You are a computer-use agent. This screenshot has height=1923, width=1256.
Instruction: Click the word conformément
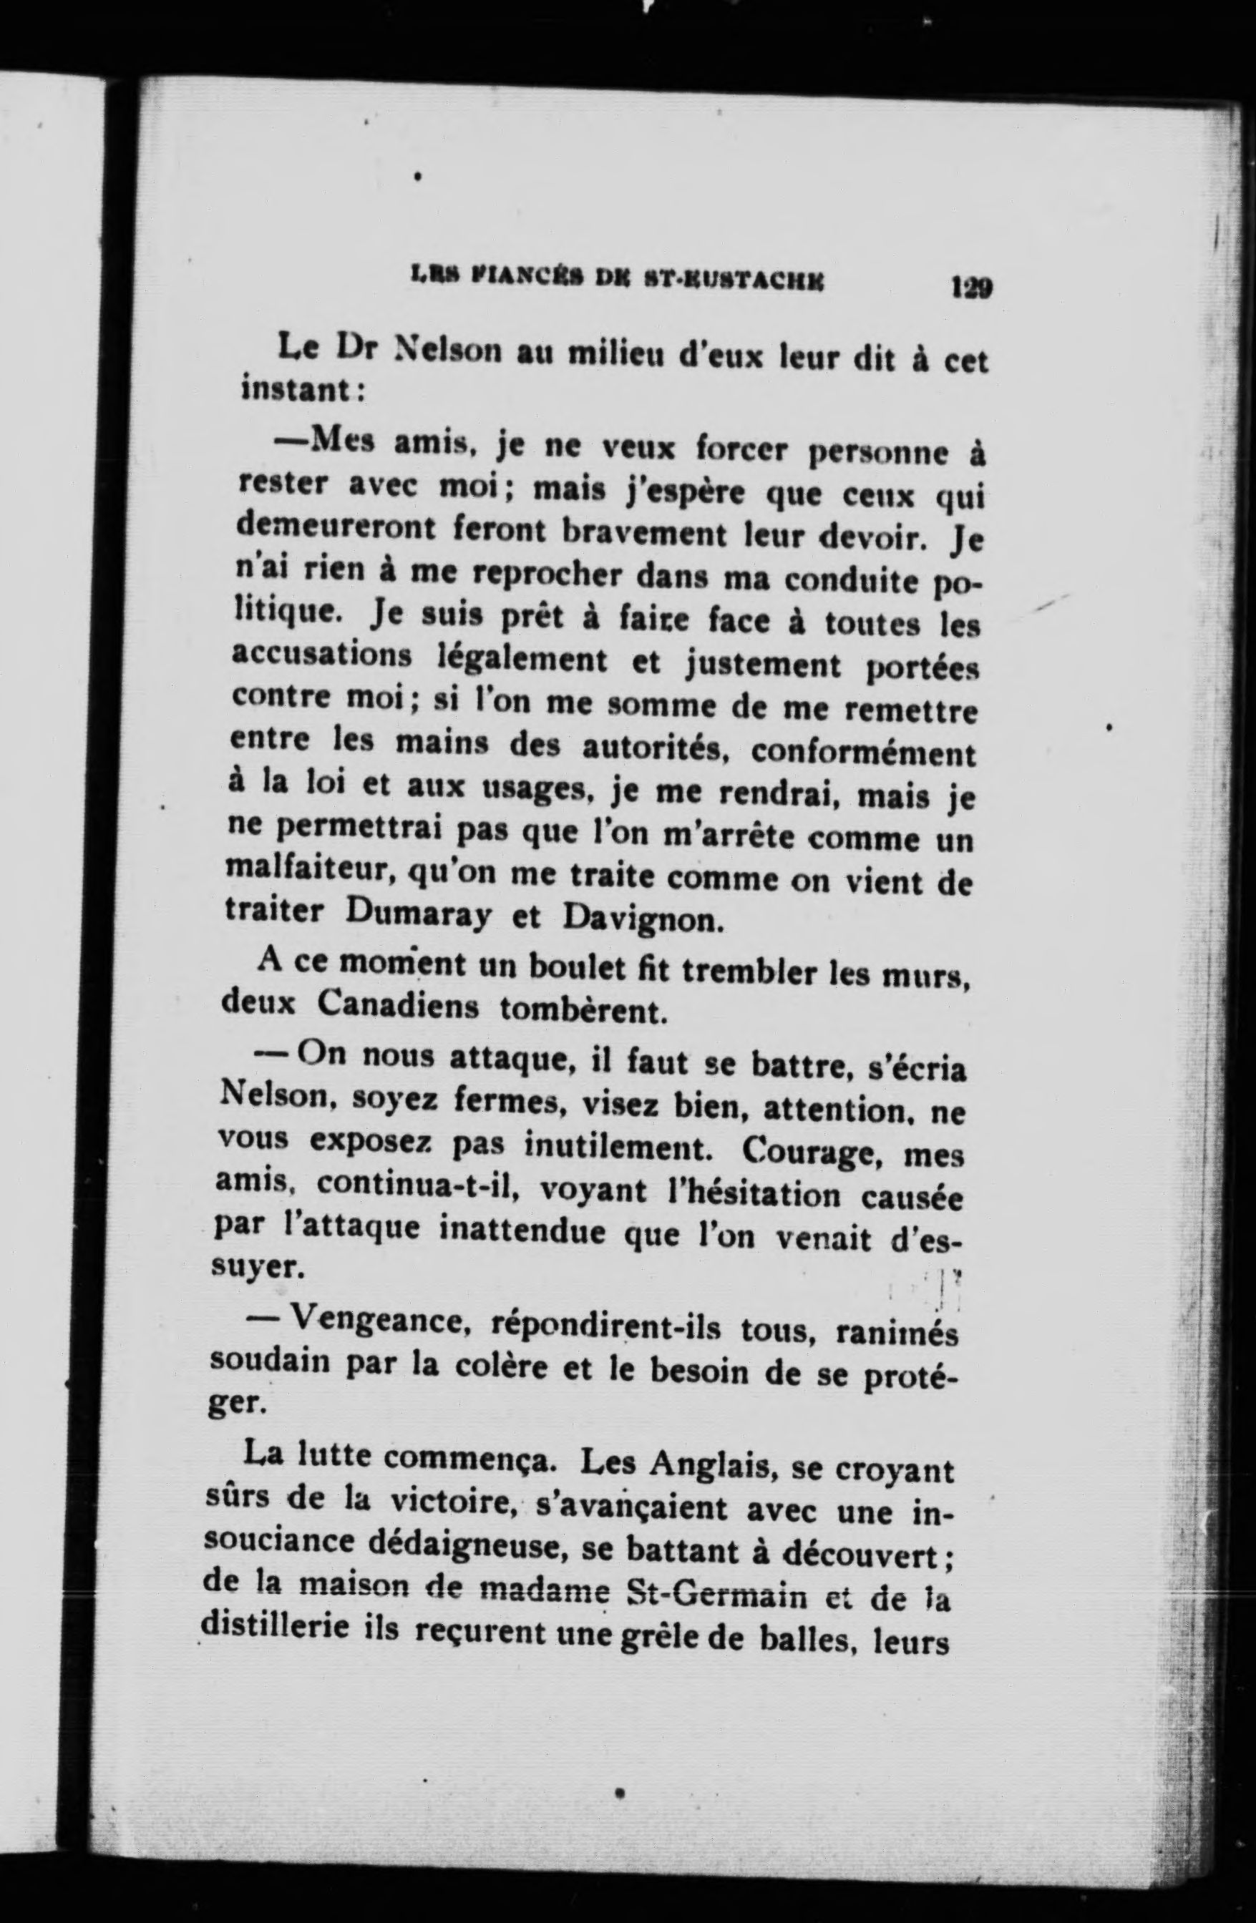863,755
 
